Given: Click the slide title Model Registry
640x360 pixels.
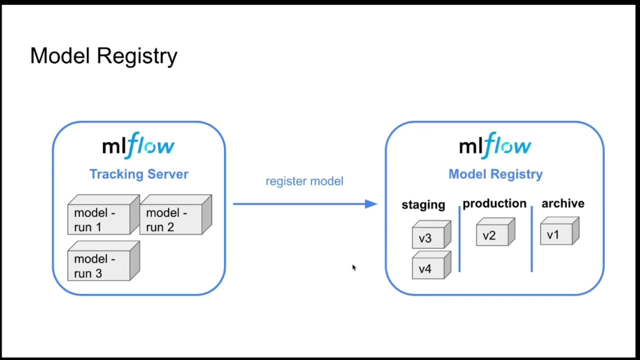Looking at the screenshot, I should (103, 56).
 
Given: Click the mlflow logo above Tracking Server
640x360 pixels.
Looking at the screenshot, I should (138, 145).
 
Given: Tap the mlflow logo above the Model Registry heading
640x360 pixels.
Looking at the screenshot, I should (495, 145).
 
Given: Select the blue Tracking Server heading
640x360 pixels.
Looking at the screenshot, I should (138, 174).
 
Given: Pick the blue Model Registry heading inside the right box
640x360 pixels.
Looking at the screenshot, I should (495, 174).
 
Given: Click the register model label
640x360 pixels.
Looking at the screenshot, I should (304, 181).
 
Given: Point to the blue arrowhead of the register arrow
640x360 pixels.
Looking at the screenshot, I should (370, 203).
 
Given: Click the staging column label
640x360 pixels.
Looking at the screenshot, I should (423, 204).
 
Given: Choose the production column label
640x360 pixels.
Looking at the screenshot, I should (494, 203).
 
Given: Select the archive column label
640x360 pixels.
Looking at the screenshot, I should (562, 203).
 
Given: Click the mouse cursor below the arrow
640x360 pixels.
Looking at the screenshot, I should (353, 268).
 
